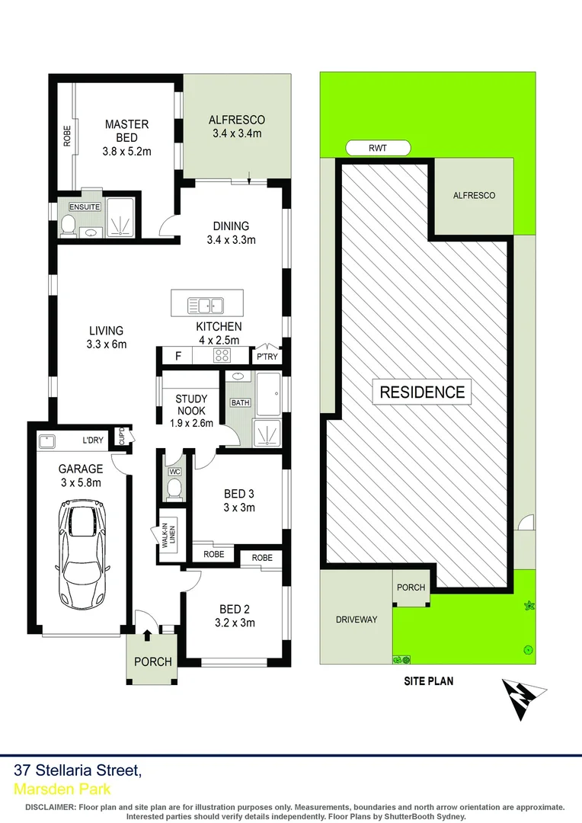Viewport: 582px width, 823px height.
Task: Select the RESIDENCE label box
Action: [x=422, y=392]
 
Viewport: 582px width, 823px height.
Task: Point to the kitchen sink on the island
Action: [x=205, y=306]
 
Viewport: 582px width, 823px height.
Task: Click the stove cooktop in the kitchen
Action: [x=222, y=355]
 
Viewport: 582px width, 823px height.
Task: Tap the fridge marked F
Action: [x=177, y=355]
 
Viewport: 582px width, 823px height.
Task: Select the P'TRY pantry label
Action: [x=266, y=357]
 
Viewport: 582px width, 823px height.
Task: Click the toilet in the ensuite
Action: [x=67, y=224]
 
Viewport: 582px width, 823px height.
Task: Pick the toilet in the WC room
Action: [x=174, y=487]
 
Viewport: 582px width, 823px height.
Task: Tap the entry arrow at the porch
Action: [x=147, y=634]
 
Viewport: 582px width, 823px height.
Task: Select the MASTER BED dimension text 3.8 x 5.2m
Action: [x=127, y=151]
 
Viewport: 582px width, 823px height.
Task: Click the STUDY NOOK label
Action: [x=190, y=405]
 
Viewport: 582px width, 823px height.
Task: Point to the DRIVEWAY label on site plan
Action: [x=357, y=620]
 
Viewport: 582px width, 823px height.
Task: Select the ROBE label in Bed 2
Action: [x=261, y=558]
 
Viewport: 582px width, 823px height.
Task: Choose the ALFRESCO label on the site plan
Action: [x=474, y=196]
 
